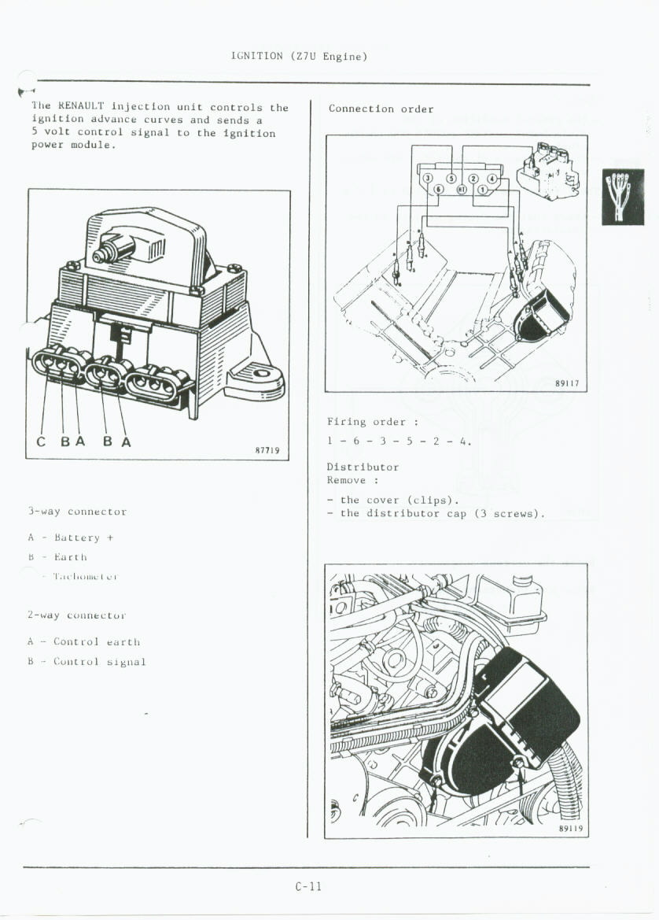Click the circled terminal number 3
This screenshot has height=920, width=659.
427,178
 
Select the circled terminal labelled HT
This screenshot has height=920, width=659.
462,190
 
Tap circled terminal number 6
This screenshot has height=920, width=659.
439,190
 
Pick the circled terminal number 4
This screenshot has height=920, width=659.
492,178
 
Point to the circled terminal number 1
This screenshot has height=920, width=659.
481,190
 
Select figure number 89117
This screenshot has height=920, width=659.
566,384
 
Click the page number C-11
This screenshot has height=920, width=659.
309,887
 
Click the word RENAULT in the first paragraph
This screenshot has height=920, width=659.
82,107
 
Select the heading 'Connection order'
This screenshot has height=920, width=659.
381,109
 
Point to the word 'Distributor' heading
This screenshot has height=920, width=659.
363,467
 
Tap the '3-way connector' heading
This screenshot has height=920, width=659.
76,512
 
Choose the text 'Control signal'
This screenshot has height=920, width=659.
99,662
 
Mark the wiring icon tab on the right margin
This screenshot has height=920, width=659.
622,197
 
